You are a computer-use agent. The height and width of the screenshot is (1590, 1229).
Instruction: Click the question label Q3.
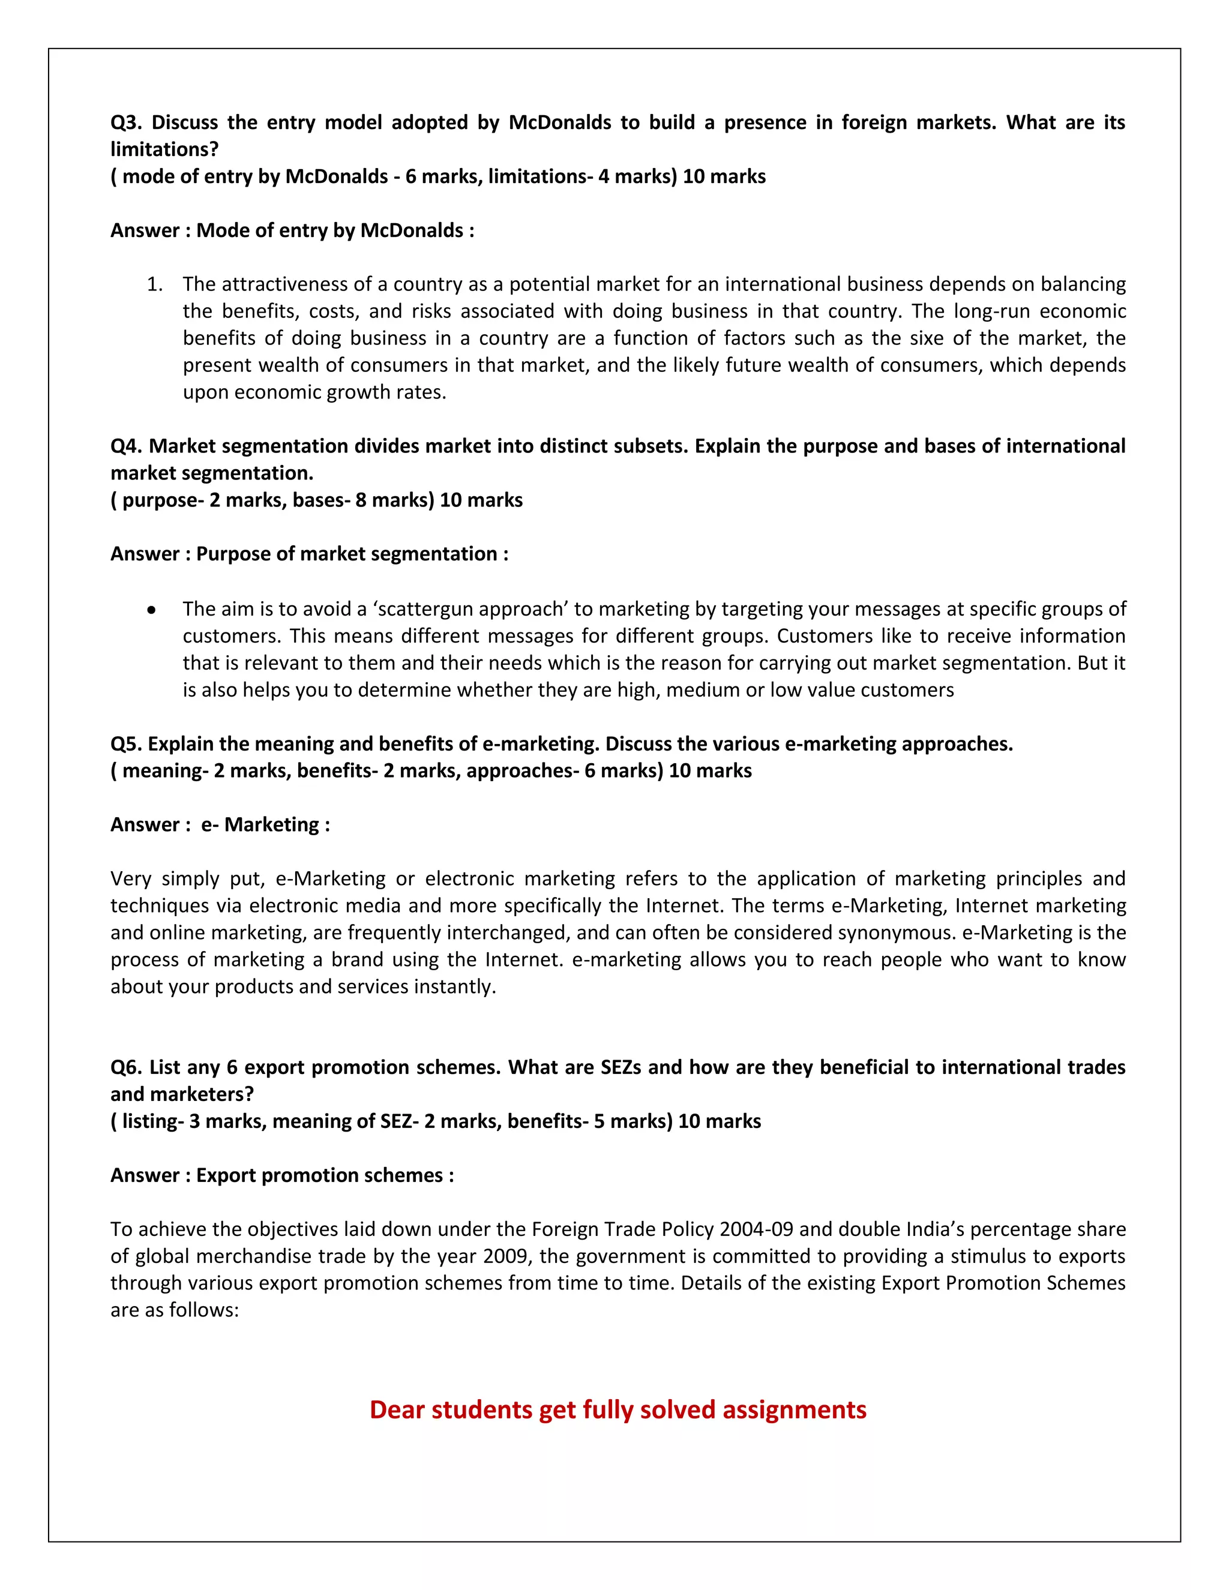tap(125, 122)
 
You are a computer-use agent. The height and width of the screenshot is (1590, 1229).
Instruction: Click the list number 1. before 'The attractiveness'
tap(154, 284)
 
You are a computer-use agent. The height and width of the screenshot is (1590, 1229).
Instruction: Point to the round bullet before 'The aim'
tap(151, 610)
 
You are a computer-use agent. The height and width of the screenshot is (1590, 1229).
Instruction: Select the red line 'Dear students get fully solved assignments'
tap(618, 1409)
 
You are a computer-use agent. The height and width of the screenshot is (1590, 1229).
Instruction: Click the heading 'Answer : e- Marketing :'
tap(220, 824)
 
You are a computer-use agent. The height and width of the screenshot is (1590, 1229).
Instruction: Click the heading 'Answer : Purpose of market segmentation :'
tap(308, 553)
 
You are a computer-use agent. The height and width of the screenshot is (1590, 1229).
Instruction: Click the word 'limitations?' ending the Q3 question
tap(164, 149)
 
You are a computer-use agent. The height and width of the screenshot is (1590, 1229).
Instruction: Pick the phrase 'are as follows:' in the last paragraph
tap(175, 1310)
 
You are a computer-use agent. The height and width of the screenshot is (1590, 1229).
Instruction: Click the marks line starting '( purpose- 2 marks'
tap(316, 500)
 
